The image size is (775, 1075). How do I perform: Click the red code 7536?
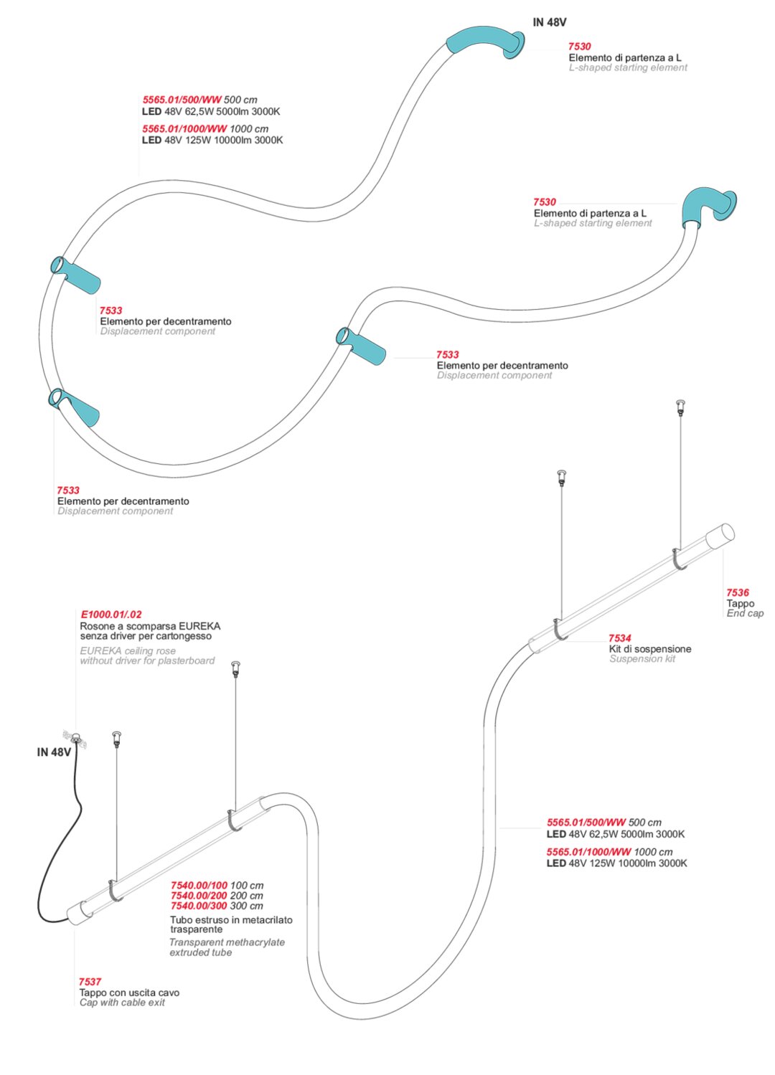pos(737,592)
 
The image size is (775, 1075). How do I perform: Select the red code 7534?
pos(619,638)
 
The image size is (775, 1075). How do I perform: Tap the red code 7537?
pos(90,982)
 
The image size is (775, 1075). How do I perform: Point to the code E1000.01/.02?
pos(111,615)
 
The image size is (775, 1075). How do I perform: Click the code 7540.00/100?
pos(199,886)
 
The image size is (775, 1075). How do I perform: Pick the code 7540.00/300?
pos(199,906)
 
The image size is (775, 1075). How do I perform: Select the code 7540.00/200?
pos(199,896)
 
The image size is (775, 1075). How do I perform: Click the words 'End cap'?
pos(745,613)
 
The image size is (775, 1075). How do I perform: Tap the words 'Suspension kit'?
pos(642,659)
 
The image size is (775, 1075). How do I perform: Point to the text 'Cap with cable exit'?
pos(122,1003)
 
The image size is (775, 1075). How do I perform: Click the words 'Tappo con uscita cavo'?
pos(129,993)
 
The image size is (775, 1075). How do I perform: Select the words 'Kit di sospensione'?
pos(650,649)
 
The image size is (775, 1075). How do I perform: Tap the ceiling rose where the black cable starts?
pos(75,739)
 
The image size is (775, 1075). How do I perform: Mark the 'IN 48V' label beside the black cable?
pos(54,752)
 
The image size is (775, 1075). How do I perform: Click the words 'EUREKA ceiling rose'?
pos(128,651)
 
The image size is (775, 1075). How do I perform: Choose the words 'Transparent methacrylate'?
pos(227,942)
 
